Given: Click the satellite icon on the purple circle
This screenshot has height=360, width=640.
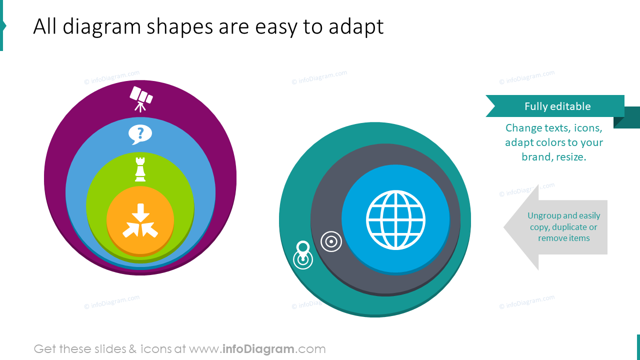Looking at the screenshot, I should (x=141, y=98).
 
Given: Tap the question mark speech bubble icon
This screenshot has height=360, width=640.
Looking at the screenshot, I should (x=140, y=134).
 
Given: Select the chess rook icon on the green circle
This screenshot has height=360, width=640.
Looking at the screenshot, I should (x=140, y=169).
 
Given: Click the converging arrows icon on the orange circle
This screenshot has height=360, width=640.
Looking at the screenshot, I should (x=140, y=220).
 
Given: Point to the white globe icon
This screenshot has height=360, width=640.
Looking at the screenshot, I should (x=395, y=219).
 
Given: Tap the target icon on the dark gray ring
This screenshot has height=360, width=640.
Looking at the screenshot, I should (x=331, y=241).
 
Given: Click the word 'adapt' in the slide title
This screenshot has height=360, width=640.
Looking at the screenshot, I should (x=356, y=26).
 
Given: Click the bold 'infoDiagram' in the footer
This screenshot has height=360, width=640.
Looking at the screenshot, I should (x=258, y=349).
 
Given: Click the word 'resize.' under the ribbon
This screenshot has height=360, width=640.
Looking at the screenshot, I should (x=571, y=157).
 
